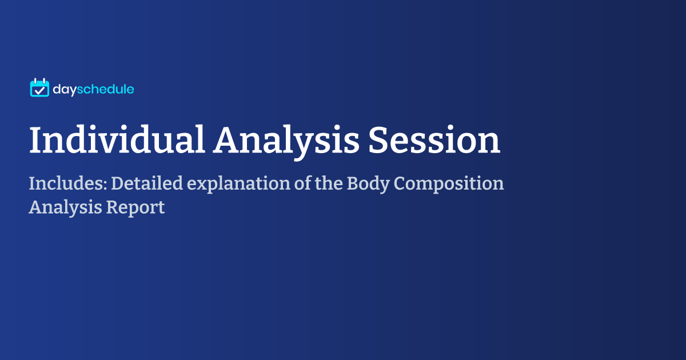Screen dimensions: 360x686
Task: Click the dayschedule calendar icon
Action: [39, 88]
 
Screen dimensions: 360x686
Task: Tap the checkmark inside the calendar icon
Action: [39, 90]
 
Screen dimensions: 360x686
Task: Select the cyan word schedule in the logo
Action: [105, 89]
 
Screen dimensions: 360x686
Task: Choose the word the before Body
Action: [325, 184]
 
